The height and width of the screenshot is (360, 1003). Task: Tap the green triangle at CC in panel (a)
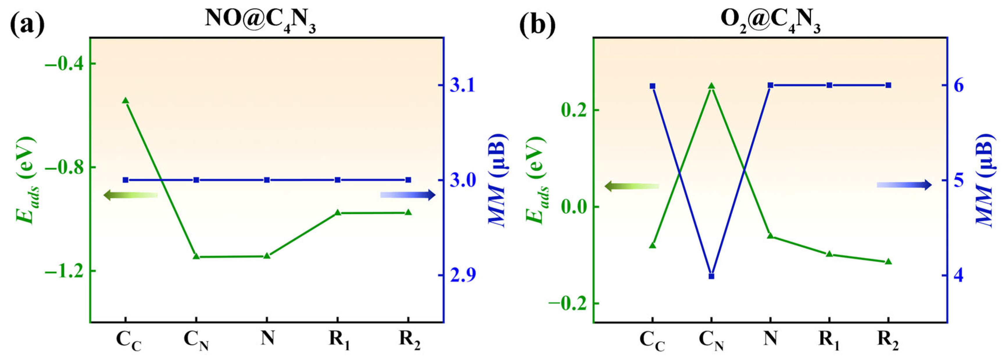coord(126,101)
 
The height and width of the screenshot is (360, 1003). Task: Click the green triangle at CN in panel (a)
coord(196,256)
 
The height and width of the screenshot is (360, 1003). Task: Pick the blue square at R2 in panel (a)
coord(408,180)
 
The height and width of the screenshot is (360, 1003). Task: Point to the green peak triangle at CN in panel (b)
coord(711,86)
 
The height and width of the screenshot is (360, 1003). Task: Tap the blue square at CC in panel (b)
coord(653,86)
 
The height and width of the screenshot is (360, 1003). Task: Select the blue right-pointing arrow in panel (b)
coord(904,185)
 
